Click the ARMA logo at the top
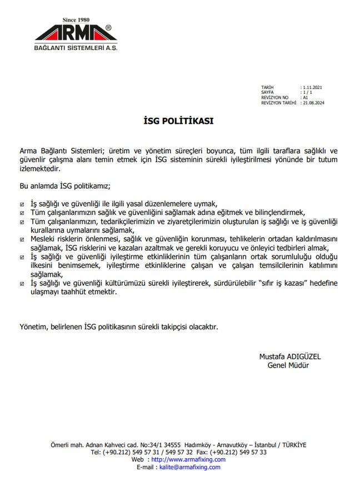click(76, 33)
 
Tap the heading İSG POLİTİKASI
click(179, 119)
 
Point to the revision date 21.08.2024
click(314, 103)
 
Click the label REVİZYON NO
click(275, 98)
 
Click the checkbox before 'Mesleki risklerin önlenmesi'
click(22, 239)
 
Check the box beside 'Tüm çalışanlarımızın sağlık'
click(22, 213)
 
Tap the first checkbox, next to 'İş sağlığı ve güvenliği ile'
click(22, 204)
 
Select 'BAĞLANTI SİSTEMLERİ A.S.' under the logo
click(76, 48)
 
